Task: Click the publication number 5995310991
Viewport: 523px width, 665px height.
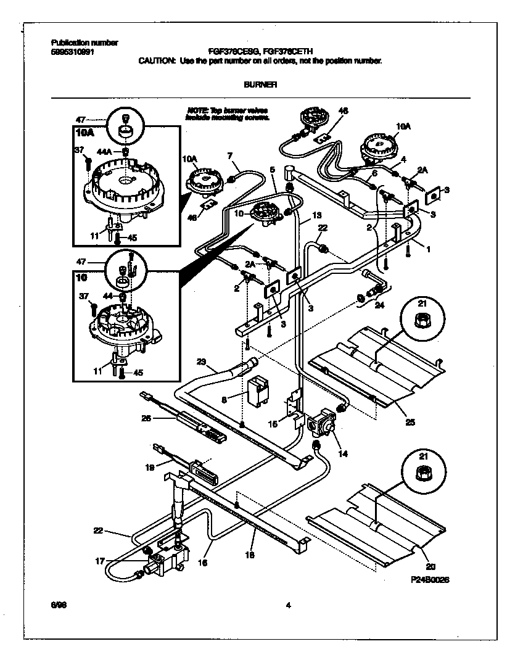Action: tap(72, 52)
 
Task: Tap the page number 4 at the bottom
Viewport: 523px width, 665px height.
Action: tap(287, 605)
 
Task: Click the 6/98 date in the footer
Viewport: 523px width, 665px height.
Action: tap(58, 605)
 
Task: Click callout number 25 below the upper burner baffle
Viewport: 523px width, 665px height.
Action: tap(410, 423)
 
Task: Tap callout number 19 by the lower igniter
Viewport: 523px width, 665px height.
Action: tap(150, 468)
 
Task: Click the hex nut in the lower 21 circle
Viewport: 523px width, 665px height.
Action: tap(423, 471)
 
